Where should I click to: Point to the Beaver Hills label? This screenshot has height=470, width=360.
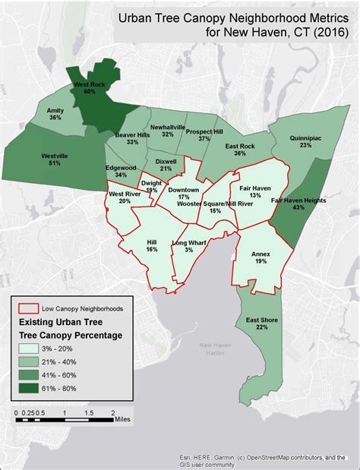click(131, 137)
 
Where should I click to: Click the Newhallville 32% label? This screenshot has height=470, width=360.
click(168, 130)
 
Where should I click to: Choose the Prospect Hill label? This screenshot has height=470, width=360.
click(204, 134)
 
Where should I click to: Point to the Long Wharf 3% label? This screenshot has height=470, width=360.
click(188, 246)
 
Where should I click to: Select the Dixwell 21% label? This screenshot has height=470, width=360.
click(166, 165)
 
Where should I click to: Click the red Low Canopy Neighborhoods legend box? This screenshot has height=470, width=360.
click(29, 309)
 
